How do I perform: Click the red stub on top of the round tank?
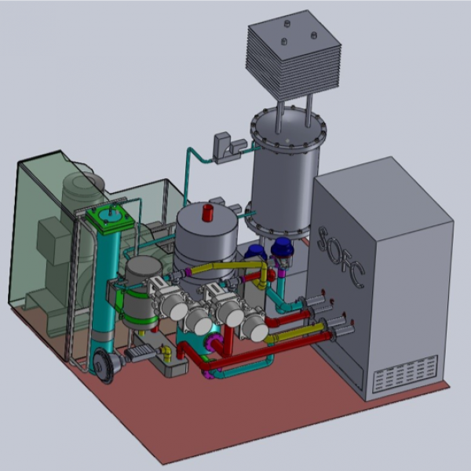point(207,213)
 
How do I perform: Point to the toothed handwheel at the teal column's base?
point(104,367)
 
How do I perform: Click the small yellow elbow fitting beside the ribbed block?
point(166,353)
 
